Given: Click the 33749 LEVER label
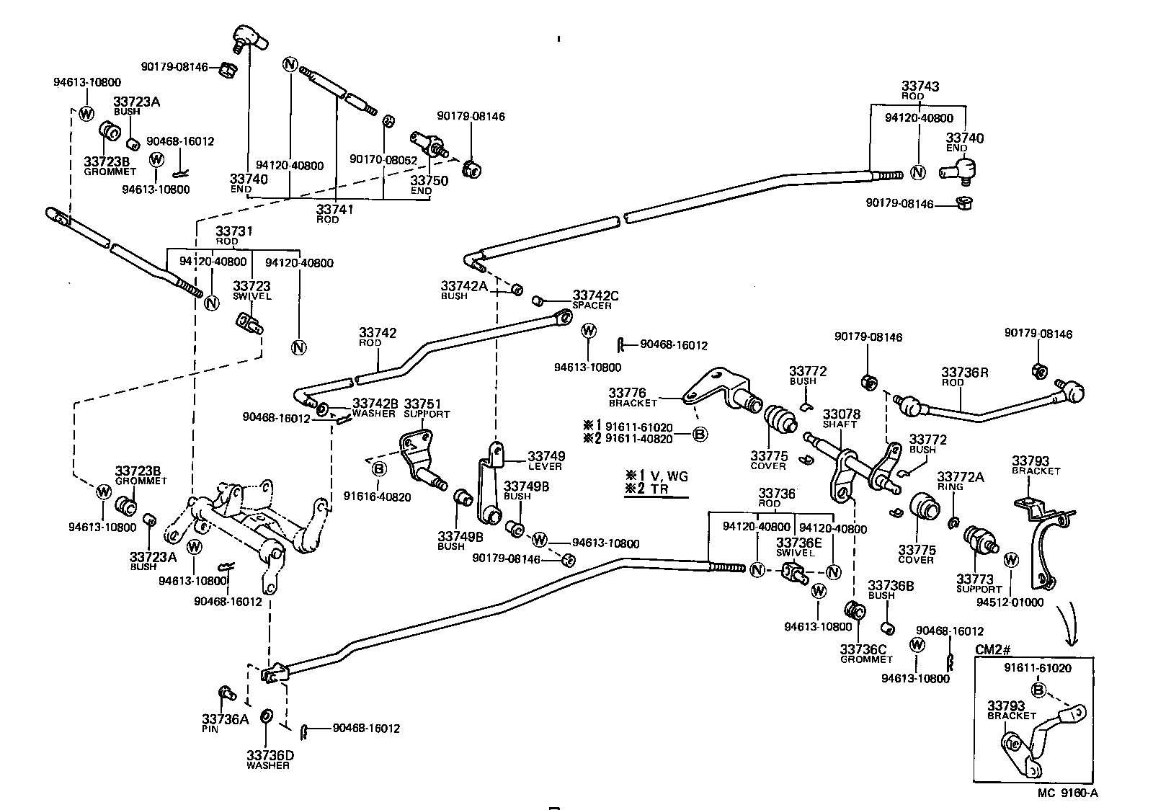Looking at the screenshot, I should (546, 460).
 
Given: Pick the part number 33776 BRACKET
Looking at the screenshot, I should (632, 397).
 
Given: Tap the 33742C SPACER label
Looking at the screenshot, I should (595, 299).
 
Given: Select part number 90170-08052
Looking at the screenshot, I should (383, 159).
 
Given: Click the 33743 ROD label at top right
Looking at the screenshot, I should (919, 90).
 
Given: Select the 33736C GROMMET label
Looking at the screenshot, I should (865, 653).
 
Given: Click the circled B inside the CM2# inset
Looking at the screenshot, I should (1038, 690).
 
